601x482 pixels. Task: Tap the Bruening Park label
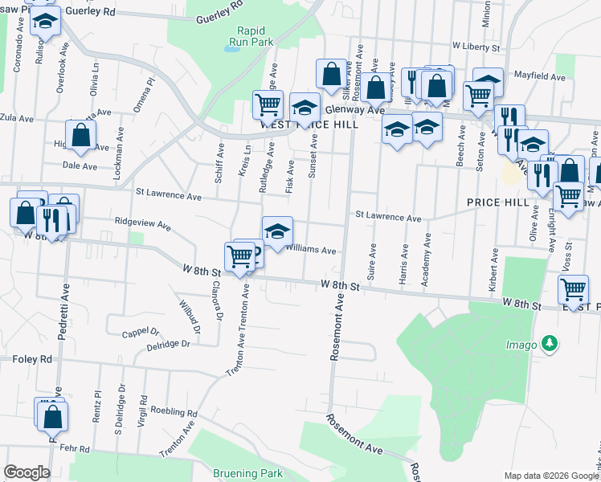point(248,473)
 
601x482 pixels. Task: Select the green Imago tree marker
point(550,344)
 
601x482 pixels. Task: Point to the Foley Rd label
point(32,359)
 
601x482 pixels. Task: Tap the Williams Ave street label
point(311,250)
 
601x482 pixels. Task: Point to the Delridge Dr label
point(168,343)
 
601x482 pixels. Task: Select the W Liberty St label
point(476,47)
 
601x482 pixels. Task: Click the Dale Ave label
point(80,165)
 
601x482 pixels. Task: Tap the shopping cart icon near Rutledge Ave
point(268,103)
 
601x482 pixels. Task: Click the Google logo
point(27,472)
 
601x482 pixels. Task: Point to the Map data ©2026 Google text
point(550,476)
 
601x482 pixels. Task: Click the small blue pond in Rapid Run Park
point(233,48)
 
